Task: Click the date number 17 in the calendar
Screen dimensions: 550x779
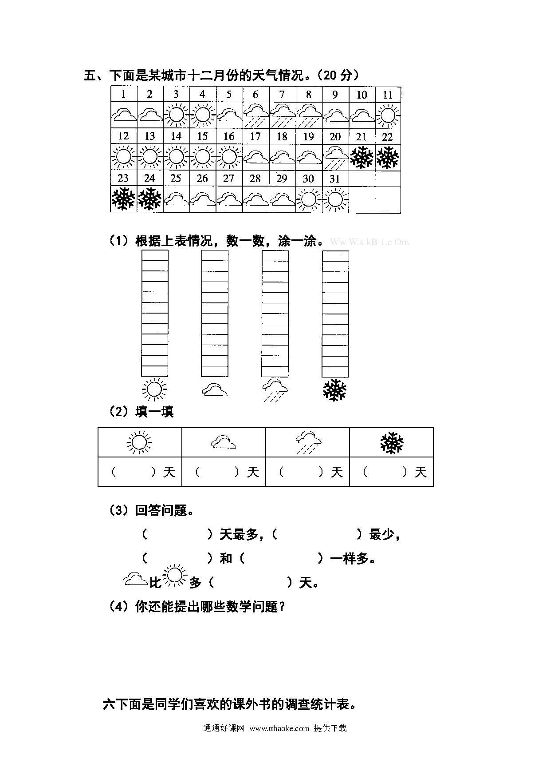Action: [255, 136]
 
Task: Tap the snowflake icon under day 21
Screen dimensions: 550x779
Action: [361, 158]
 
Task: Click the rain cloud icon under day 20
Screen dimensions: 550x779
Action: [335, 157]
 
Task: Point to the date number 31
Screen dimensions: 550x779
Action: [335, 179]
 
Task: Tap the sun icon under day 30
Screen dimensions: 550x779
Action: [308, 199]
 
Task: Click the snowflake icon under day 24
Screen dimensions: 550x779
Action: [150, 199]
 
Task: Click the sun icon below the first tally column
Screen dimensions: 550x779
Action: [154, 390]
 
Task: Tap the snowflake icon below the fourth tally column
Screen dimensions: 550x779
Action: [335, 390]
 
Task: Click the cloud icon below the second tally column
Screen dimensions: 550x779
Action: [215, 390]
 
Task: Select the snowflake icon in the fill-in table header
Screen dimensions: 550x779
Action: [392, 443]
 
